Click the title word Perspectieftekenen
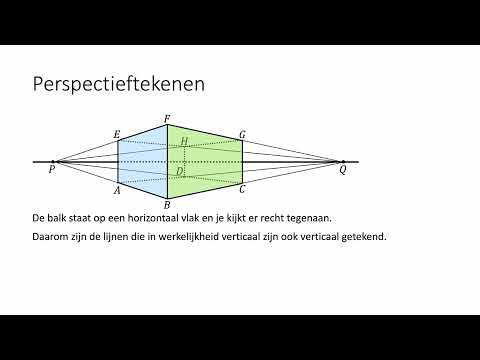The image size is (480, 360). click(119, 84)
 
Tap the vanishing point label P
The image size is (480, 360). click(52, 170)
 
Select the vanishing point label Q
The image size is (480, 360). click(343, 170)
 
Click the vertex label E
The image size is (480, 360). click(117, 135)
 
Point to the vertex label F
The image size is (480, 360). click(167, 119)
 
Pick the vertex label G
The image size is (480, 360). click(242, 135)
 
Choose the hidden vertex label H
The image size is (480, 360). click(184, 142)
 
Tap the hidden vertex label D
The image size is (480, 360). click(179, 171)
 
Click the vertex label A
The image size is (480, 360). click(117, 190)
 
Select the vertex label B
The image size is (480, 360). click(167, 205)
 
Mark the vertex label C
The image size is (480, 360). click(242, 189)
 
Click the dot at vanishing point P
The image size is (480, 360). click(53, 162)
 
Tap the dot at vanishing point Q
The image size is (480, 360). click(343, 162)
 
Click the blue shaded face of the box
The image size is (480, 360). click(143, 162)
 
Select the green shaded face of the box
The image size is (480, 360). click(205, 162)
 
